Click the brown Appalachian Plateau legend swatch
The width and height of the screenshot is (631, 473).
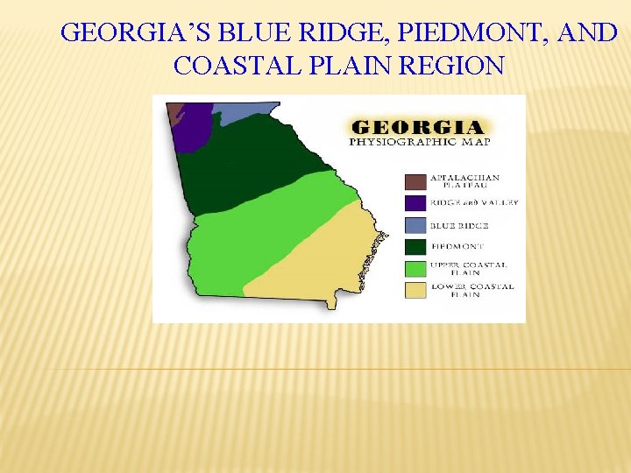415,181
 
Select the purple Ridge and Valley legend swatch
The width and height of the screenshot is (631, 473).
415,203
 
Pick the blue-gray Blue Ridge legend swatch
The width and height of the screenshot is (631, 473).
415,225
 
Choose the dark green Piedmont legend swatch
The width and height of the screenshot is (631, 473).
415,247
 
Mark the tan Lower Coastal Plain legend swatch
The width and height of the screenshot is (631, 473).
415,290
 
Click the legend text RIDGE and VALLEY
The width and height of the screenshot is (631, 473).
474,202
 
